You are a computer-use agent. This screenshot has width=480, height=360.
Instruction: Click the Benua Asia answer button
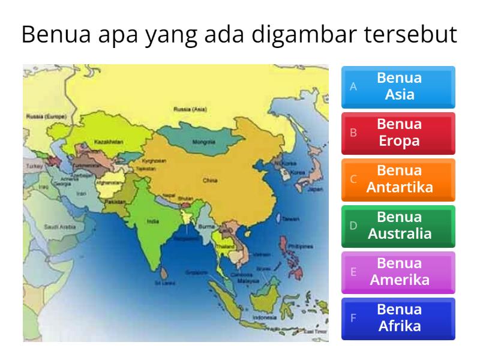click(x=398, y=86)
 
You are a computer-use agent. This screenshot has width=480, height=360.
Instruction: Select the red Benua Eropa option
click(x=398, y=133)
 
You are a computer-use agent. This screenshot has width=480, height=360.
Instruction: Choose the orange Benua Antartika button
click(x=398, y=179)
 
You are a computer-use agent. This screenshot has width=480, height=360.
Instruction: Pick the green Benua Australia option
click(x=398, y=225)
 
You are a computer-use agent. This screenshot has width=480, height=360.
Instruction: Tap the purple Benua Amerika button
click(x=398, y=271)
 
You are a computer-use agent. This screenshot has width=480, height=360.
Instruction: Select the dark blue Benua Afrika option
click(x=398, y=318)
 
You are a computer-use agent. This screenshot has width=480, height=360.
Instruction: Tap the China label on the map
click(x=209, y=179)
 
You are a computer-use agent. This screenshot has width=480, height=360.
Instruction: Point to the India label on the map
click(x=152, y=221)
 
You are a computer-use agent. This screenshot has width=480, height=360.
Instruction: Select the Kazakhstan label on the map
click(x=109, y=142)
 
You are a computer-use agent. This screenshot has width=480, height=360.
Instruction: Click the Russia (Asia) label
click(x=190, y=110)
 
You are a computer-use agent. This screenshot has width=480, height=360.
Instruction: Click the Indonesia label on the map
click(x=264, y=316)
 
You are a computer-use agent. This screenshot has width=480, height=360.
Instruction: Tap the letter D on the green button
click(x=353, y=226)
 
